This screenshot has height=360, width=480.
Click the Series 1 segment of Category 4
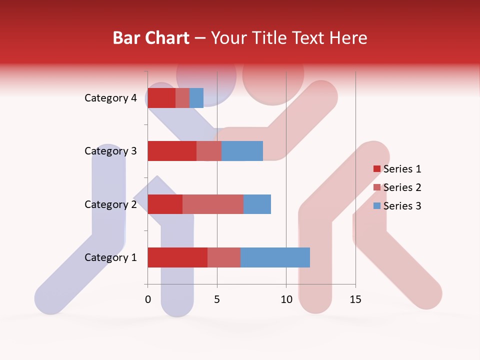pos(161,98)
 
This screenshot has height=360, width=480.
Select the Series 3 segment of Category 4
pos(196,98)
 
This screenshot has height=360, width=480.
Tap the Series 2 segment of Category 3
pos(209,151)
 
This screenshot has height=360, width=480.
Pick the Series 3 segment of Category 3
pos(242,151)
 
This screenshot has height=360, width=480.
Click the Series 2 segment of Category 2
pos(213,204)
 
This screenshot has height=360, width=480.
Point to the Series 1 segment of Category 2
pos(165,204)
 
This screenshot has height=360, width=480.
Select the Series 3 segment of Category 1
pos(275,257)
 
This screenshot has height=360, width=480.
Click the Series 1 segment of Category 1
pos(177,257)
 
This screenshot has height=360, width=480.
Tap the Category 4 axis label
pos(110,98)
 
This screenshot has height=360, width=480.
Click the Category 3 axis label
pos(110,151)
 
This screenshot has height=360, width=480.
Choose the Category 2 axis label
pos(110,204)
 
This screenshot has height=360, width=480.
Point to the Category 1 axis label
pos(110,257)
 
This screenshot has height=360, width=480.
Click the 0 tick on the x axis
pos(148,299)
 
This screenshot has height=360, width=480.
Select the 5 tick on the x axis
pos(217,299)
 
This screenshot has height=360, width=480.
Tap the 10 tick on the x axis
pos(286,299)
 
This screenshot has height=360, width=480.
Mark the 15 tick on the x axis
pos(355,299)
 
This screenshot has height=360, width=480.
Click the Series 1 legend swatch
pos(376,169)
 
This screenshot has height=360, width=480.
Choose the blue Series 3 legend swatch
pos(376,206)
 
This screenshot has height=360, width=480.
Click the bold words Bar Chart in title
pos(151,38)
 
